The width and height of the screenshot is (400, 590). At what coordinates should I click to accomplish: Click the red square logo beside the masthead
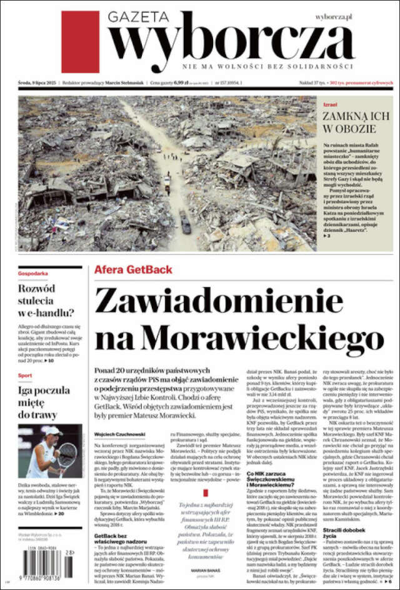point(80,42)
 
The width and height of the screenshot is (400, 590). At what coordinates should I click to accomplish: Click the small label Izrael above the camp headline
point(329,104)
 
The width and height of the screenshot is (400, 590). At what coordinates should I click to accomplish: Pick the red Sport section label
point(25,375)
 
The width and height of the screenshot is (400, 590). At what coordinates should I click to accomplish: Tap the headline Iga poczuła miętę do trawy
point(41,403)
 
